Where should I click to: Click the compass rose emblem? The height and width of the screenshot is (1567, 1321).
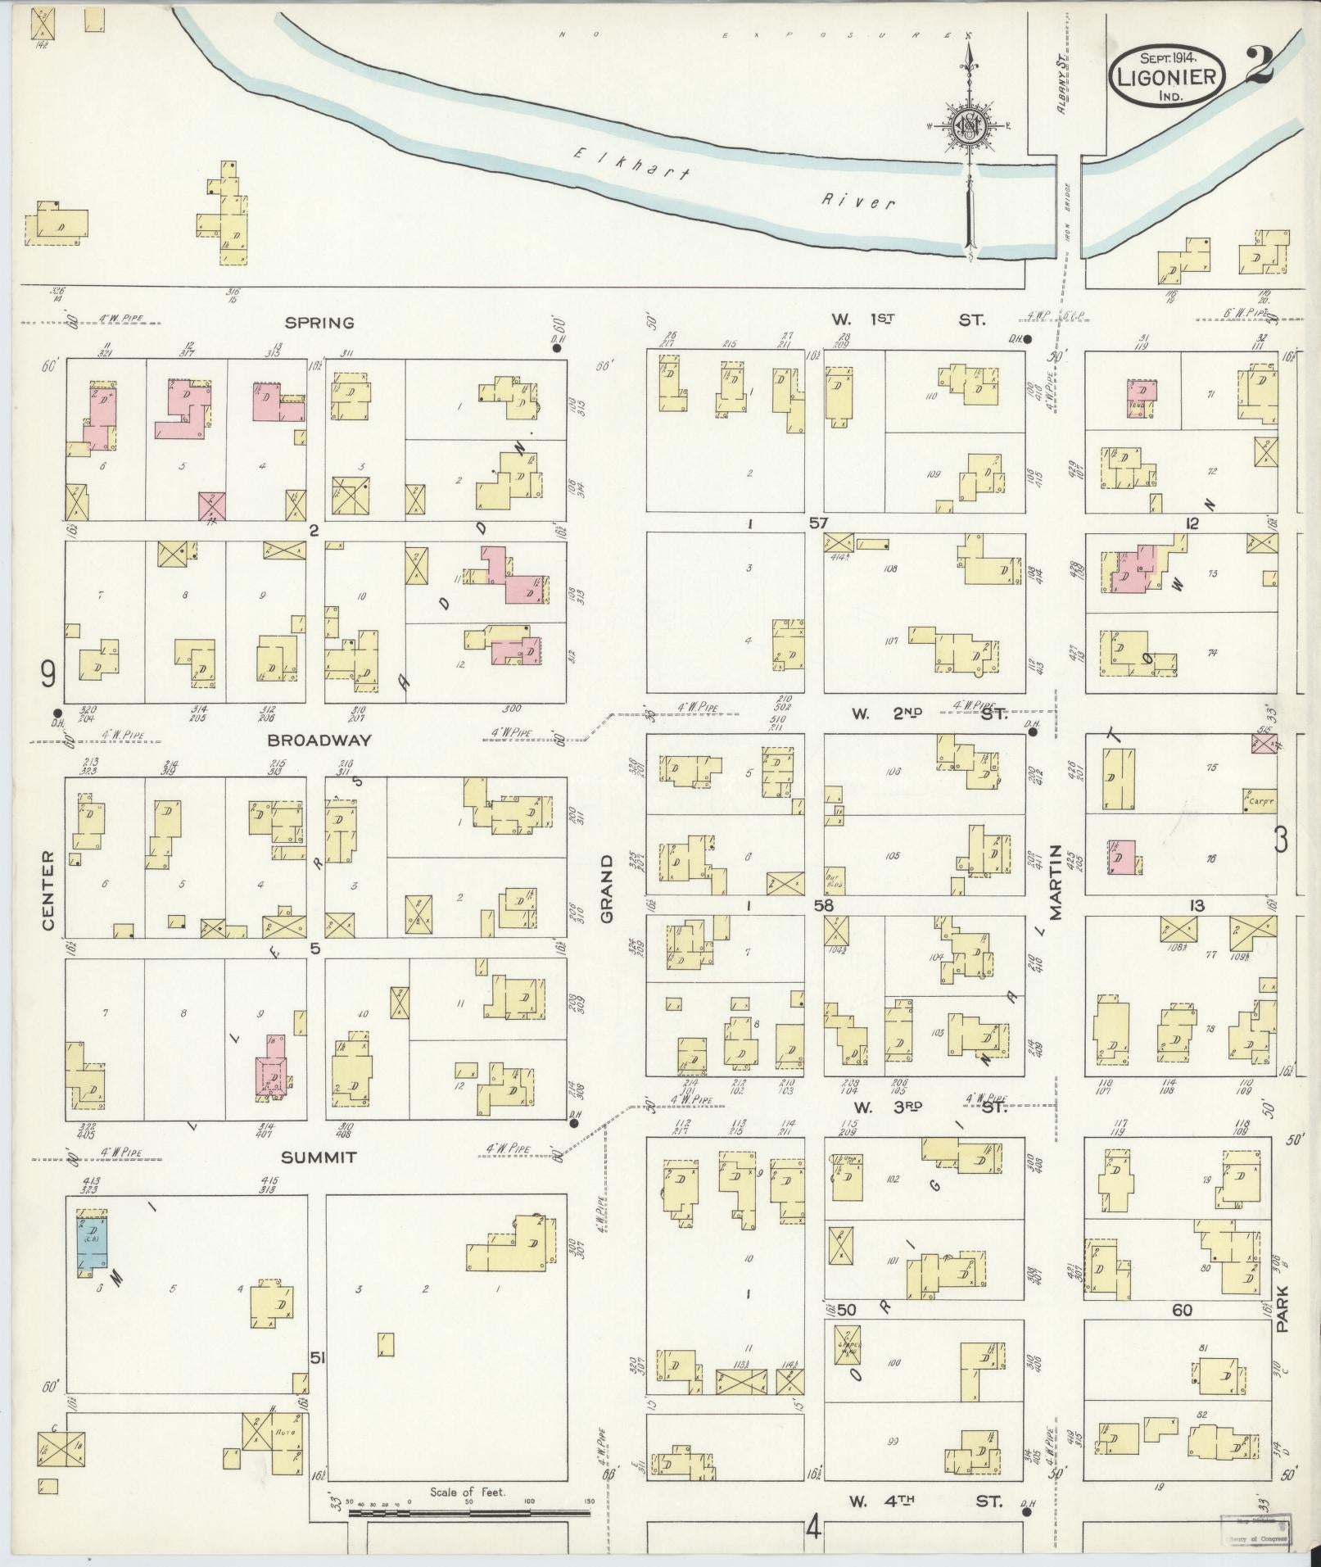point(970,126)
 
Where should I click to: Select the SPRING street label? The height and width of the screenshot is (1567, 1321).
point(326,323)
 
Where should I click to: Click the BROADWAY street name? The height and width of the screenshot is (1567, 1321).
point(319,740)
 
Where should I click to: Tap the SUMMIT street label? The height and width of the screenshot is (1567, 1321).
point(319,1157)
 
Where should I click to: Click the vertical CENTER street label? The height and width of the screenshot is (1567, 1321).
point(48,890)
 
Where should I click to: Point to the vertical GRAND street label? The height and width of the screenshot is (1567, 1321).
point(607,889)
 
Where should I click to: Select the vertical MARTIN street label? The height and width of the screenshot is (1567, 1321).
point(1056,882)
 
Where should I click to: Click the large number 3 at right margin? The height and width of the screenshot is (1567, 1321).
point(1281,840)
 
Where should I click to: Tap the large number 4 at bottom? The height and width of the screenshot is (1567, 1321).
point(812,1527)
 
